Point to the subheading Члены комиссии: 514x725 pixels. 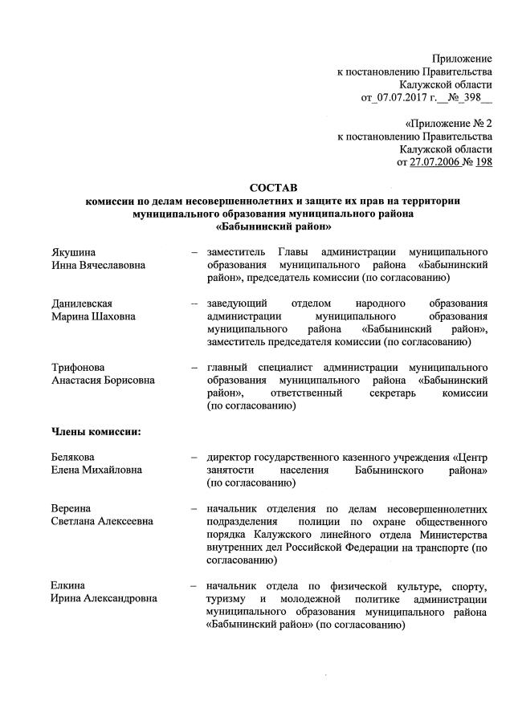96,432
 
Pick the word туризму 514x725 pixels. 227,599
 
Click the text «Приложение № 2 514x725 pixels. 448,124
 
